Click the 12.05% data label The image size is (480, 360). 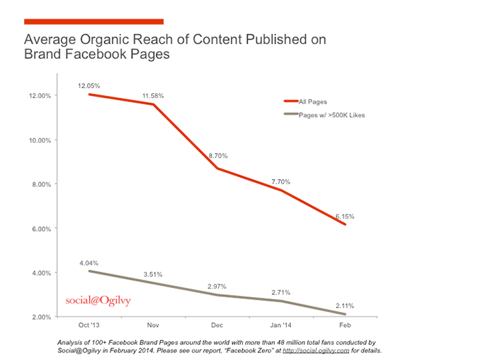[90, 86]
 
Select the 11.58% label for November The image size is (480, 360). [154, 96]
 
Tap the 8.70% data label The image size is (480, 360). [217, 156]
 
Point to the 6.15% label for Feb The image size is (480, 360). [345, 216]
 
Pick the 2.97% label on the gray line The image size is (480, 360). [217, 285]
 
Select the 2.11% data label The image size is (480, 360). [345, 304]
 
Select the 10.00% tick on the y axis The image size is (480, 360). [40, 140]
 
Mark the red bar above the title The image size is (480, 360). [94, 21]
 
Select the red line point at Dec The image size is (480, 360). [217, 168]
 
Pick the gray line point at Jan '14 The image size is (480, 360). [281, 301]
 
